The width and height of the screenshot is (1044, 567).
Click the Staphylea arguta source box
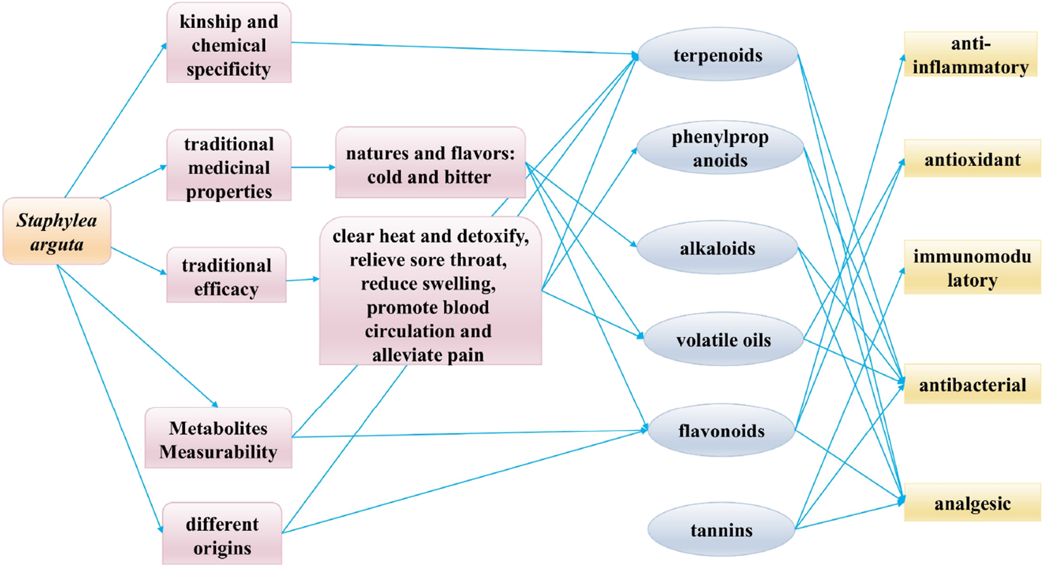[57, 231]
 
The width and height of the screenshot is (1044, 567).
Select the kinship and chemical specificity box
[229, 44]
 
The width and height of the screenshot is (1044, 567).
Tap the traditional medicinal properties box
[229, 167]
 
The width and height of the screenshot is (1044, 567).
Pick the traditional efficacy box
[226, 276]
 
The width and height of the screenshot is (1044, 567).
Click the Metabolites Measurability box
[218, 440]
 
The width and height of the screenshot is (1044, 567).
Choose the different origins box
[222, 535]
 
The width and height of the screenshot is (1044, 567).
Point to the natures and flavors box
[430, 164]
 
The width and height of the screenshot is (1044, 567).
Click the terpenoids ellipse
[717, 55]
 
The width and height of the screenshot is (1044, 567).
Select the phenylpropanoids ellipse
[720, 148]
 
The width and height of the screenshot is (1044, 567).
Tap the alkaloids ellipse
[717, 248]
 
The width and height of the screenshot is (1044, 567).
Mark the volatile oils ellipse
[723, 340]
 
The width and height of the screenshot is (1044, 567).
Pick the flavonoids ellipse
[721, 431]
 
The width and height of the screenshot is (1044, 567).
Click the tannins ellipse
[721, 530]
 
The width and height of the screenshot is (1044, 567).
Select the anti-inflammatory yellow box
[970, 55]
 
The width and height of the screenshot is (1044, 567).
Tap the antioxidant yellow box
[972, 159]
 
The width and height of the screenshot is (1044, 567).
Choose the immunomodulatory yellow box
[972, 267]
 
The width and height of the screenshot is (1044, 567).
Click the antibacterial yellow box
[972, 385]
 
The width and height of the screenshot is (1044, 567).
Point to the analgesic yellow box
[972, 504]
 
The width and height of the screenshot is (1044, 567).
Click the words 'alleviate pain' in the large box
[428, 355]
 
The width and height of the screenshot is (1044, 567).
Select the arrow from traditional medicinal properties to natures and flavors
[313, 167]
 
